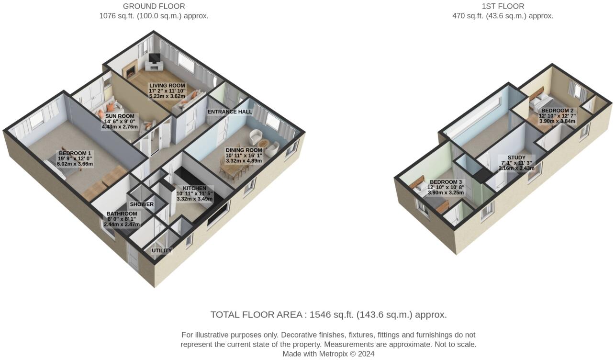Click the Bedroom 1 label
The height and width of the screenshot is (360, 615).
75,153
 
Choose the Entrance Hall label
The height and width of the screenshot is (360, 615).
229,112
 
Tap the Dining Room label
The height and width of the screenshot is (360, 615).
244,150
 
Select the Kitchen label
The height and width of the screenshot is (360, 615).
194,188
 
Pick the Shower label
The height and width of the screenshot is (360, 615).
142,204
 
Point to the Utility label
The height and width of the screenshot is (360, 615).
162,250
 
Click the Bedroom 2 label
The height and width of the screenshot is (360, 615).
558,111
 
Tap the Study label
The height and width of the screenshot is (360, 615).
516,157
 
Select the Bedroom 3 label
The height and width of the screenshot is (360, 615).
446,182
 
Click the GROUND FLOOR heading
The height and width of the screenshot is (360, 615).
154,6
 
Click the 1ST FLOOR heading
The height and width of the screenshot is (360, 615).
503,6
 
